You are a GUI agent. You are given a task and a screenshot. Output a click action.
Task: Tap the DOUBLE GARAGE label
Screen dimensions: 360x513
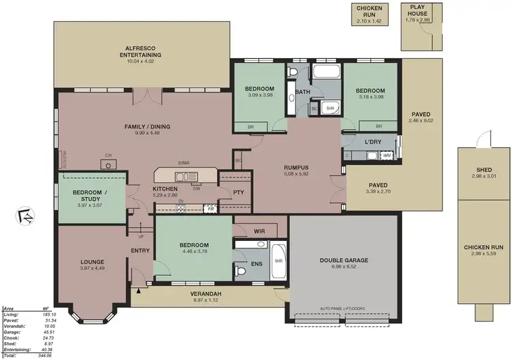pos(344,260)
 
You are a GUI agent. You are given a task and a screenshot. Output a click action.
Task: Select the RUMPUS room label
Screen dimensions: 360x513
pos(297,166)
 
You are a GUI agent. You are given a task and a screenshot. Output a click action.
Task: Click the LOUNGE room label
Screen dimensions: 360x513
pos(92,261)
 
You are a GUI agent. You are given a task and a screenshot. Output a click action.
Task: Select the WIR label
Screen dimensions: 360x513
pos(259,232)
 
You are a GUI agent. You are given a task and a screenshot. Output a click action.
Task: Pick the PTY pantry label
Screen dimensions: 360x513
pos(238,193)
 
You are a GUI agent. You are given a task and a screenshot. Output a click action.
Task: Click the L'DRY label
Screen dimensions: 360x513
pos(373,141)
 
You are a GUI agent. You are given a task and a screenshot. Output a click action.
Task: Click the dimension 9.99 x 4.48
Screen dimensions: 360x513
pos(147,133)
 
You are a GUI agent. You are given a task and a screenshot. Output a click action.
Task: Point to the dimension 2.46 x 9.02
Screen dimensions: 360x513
pos(421,120)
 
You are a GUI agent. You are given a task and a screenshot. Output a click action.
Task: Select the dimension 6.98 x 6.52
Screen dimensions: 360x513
pos(344,266)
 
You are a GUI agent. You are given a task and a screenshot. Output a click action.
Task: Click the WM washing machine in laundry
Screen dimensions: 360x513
pos(386,156)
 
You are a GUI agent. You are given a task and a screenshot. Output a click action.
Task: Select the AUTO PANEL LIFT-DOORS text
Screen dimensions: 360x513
pos(342,309)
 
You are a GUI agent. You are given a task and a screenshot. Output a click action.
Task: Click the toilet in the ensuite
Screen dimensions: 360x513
pos(241,272)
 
